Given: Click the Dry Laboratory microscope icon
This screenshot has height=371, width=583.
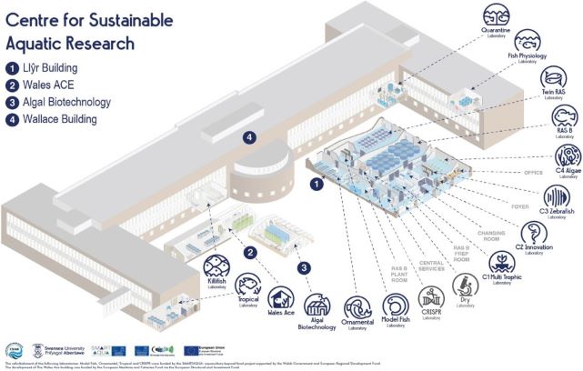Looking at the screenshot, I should point(466,285).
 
